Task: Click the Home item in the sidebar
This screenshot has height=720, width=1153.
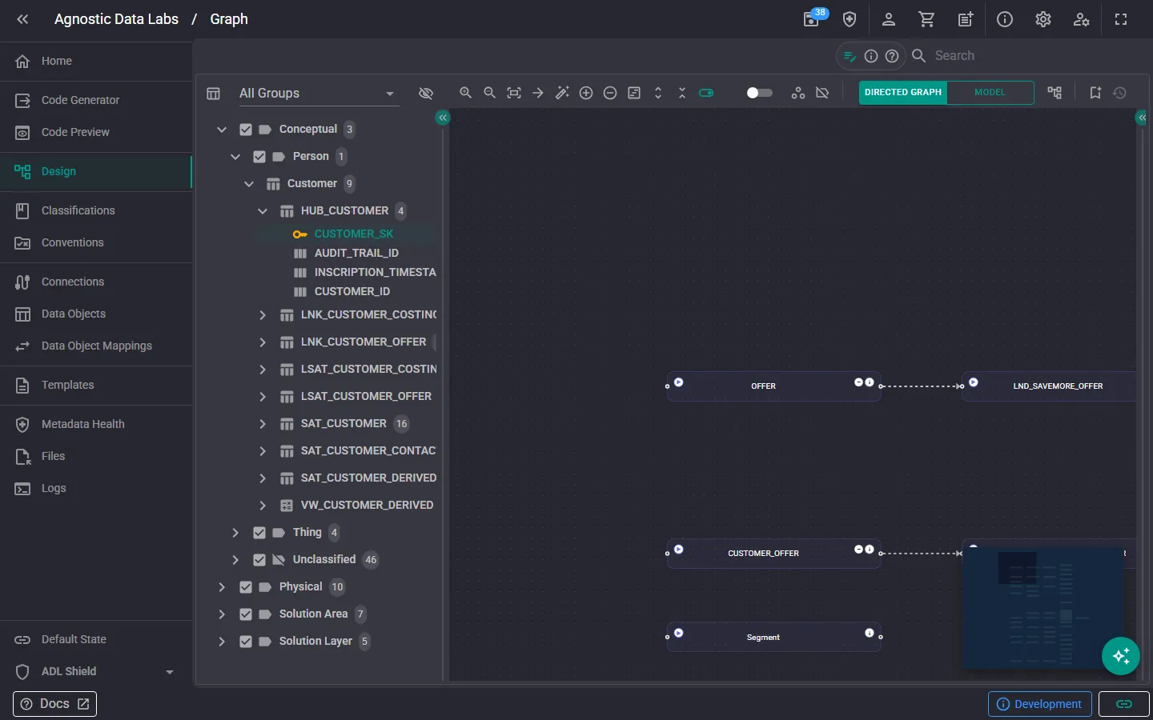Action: [x=57, y=61]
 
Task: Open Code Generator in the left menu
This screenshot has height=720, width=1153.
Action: [x=80, y=100]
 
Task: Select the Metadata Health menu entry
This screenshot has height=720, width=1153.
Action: [x=83, y=424]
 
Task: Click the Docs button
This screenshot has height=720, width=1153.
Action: [x=54, y=703]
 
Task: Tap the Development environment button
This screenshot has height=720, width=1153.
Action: [x=1039, y=703]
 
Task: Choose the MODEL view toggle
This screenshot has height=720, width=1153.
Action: [x=990, y=93]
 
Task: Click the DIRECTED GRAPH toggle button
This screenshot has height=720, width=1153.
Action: [x=903, y=93]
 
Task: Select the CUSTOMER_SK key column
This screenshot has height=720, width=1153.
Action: [x=354, y=234]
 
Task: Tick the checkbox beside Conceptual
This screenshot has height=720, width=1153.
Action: [x=246, y=129]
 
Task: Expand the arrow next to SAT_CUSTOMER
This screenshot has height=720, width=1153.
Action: [x=263, y=423]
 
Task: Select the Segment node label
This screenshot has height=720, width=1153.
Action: [x=763, y=637]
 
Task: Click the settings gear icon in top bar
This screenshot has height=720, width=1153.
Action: [x=1043, y=19]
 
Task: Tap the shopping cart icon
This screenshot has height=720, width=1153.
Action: [x=926, y=19]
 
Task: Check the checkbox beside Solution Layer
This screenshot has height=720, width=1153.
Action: [x=246, y=642]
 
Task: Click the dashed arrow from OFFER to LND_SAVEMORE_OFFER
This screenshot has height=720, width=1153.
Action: [x=922, y=386]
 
